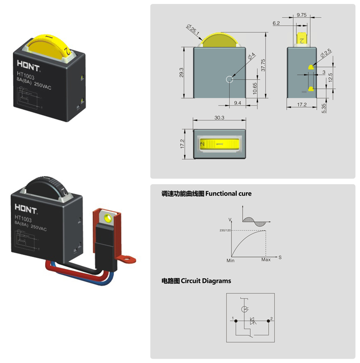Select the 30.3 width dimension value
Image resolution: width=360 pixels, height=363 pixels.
tap(220, 117)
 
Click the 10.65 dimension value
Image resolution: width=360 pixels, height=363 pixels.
tap(254, 88)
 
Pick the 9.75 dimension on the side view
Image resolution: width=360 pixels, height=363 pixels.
tap(301, 15)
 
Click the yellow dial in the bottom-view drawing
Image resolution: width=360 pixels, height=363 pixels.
tap(219, 143)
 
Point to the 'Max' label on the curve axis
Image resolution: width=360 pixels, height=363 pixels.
tap(266, 260)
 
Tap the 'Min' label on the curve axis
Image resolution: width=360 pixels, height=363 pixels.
tap(230, 260)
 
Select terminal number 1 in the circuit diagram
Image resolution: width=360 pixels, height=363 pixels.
tap(232, 318)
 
